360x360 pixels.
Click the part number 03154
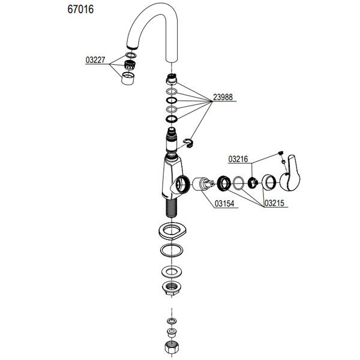click(224, 204)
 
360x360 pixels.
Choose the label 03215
click(276, 204)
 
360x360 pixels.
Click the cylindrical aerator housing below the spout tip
click(127, 78)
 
